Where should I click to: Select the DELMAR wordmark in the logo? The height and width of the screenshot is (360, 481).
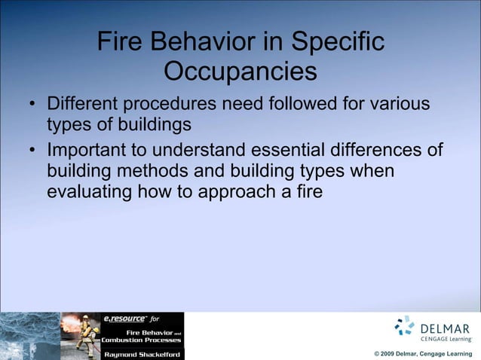tap(446, 328)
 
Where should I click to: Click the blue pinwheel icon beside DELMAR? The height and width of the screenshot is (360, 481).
tap(405, 325)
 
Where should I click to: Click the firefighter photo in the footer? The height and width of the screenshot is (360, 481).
tap(80, 336)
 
